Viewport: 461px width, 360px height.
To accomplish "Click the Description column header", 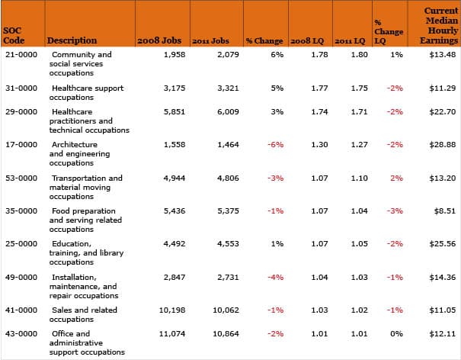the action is click(72, 40).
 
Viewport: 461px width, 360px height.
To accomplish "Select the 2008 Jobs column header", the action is click(159, 40).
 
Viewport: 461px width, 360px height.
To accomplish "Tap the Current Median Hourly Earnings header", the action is click(439, 25).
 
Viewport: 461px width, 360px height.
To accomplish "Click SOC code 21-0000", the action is click(21, 54).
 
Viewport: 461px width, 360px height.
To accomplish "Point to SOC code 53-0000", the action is click(21, 178).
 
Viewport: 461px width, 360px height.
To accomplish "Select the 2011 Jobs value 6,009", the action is click(228, 112).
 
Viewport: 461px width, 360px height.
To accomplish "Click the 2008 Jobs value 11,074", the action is click(172, 334).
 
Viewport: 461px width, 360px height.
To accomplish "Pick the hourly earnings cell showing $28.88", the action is click(443, 144).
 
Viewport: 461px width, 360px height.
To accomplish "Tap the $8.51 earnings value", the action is click(445, 211).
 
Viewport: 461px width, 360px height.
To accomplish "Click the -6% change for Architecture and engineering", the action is click(276, 144).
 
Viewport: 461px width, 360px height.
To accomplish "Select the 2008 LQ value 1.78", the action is click(319, 54).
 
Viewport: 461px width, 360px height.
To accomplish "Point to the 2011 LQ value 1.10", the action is click(359, 178).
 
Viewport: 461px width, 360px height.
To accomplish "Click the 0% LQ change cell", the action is click(396, 334).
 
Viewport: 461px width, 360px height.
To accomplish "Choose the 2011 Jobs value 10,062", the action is click(226, 310).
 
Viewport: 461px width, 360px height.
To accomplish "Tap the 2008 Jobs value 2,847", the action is click(174, 278).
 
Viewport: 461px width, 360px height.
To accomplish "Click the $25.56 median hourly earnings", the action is click(443, 244).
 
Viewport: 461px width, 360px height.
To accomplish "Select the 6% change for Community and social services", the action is click(277, 54).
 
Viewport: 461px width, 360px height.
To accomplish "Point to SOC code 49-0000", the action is click(21, 278).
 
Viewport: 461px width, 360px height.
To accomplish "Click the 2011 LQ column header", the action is click(350, 41).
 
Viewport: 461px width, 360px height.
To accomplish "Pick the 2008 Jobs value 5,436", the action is click(174, 211).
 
